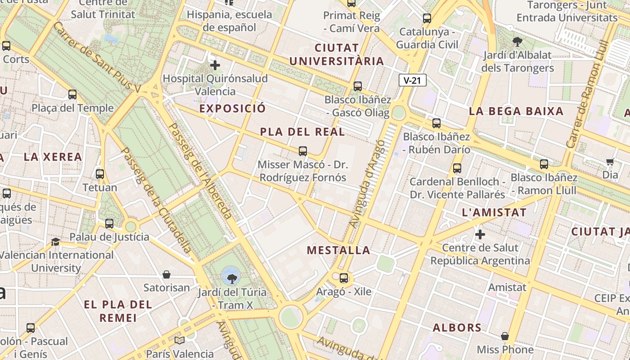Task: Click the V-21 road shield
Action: tap(412, 81)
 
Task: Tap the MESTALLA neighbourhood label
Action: tap(339, 250)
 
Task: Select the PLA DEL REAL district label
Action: tap(302, 132)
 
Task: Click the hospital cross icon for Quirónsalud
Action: tap(215, 66)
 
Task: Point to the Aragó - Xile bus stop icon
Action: tap(344, 278)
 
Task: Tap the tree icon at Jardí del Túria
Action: tap(232, 278)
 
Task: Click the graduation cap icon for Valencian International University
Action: tap(55, 242)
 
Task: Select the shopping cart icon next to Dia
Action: tap(610, 162)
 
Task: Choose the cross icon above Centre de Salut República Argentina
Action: tap(480, 234)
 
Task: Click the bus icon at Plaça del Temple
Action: tap(72, 94)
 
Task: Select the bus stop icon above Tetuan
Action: tap(100, 174)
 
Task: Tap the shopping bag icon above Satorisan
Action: tap(166, 274)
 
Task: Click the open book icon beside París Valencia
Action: tap(180, 340)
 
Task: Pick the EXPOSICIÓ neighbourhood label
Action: tap(232, 108)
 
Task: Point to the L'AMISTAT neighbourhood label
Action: tap(494, 213)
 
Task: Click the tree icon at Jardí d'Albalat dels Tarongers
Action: tap(517, 42)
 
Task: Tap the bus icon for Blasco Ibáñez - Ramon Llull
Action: tap(544, 164)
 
